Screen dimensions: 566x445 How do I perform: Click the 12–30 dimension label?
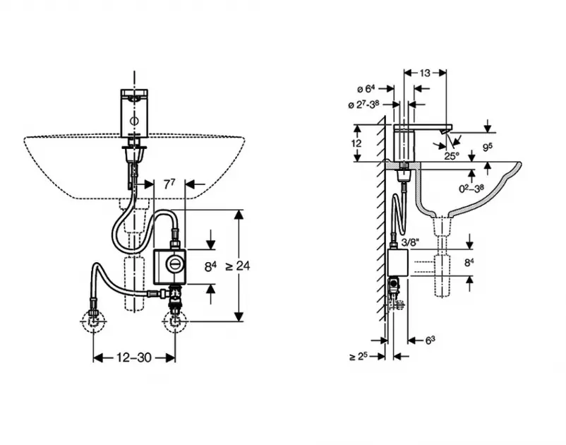click(133, 357)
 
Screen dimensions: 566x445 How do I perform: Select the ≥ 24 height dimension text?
click(238, 266)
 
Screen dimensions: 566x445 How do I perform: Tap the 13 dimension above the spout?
click(425, 73)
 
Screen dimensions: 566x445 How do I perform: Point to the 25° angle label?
click(452, 156)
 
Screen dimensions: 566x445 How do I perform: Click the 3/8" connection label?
click(410, 242)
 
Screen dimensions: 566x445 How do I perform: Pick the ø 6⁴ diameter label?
click(366, 88)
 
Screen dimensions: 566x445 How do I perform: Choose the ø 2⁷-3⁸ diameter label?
click(363, 105)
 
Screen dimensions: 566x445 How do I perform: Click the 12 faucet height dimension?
click(356, 143)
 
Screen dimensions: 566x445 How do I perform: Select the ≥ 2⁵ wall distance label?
click(359, 357)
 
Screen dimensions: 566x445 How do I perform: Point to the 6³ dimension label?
click(430, 340)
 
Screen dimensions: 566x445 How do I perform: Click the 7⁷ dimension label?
click(169, 184)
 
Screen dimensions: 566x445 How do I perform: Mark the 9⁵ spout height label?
click(487, 147)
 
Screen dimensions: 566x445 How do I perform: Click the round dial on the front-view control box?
click(174, 265)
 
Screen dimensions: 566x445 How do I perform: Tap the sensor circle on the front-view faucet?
click(133, 121)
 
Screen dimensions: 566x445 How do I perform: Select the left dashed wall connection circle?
click(93, 321)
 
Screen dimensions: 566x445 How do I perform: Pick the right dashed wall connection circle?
click(175, 321)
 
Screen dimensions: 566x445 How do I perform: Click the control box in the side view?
click(397, 263)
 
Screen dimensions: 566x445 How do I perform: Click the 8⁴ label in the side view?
click(469, 263)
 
